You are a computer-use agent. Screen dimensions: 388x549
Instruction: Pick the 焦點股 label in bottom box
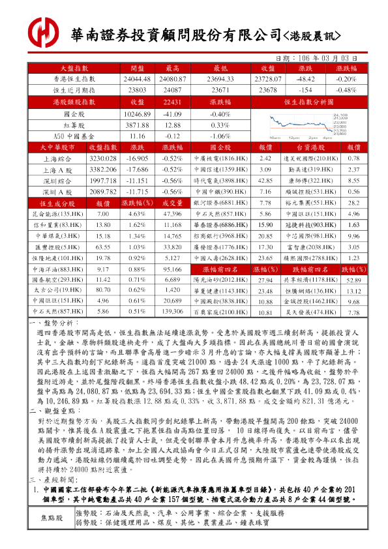click(52, 536)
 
